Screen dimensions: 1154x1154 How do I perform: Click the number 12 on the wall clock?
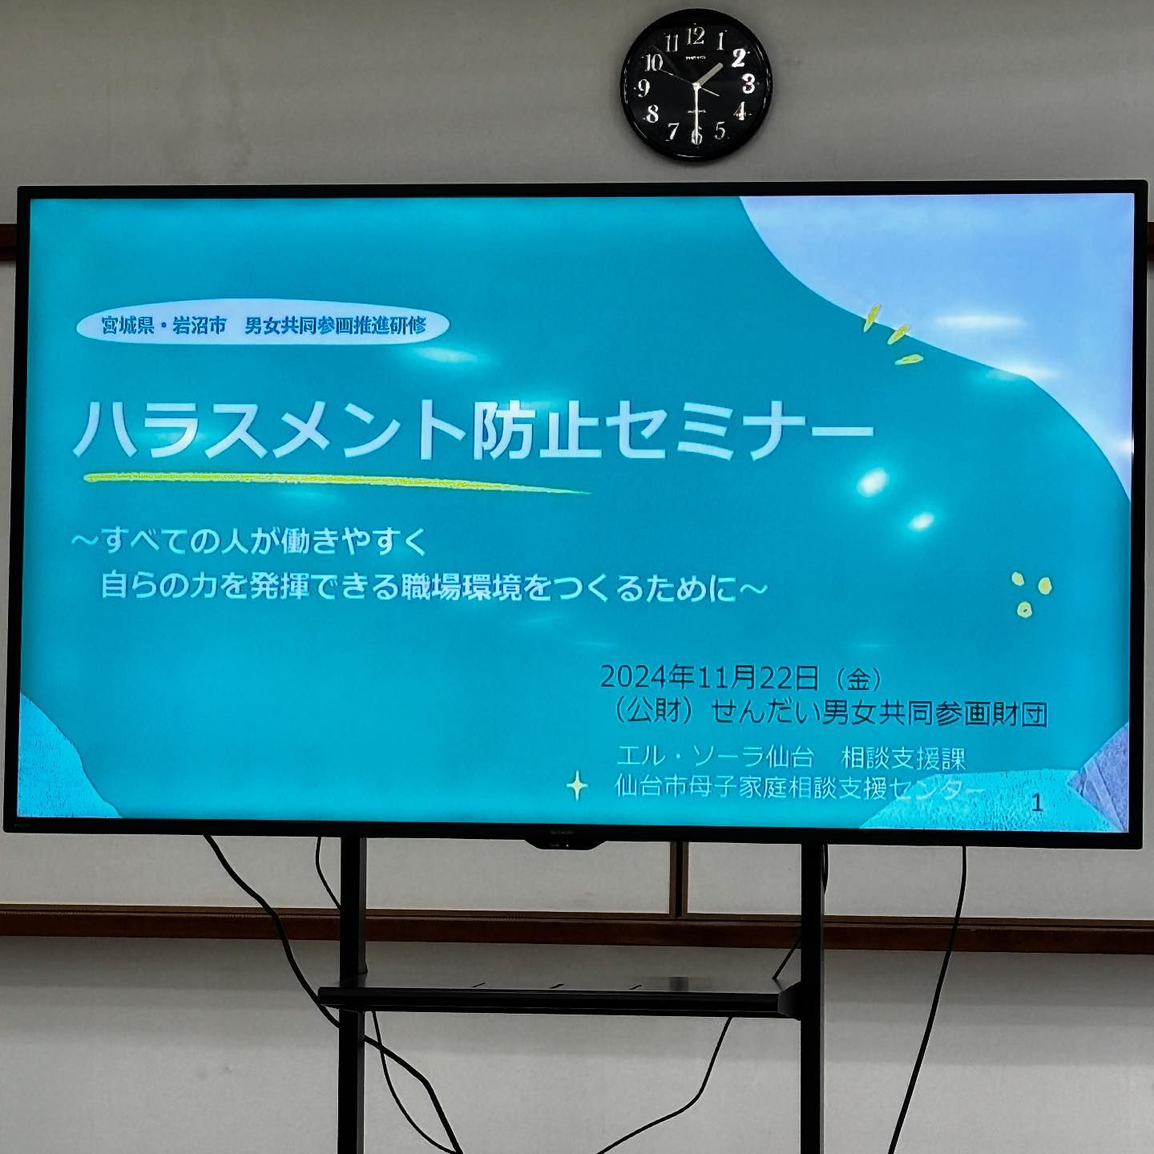coord(696,37)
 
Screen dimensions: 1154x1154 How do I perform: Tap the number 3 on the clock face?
coord(748,83)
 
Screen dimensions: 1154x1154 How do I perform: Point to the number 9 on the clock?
coord(644,88)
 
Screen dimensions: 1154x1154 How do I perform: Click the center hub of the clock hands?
coord(696,87)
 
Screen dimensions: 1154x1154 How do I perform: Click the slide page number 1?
coord(1038,803)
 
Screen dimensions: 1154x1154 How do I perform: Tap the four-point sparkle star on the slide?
coord(577,786)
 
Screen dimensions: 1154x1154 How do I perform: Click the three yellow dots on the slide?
coord(1031,594)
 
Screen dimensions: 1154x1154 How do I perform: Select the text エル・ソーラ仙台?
coord(715,757)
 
